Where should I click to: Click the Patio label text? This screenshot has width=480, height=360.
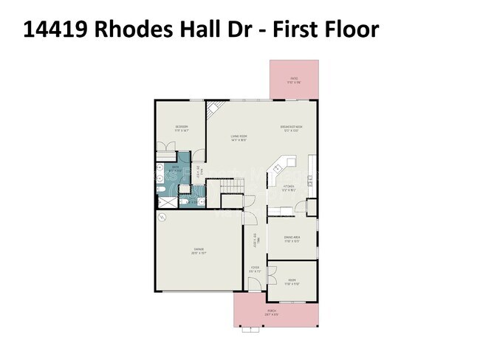294,80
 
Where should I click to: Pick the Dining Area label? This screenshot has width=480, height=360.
291,238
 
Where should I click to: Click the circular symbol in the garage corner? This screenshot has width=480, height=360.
162,218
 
